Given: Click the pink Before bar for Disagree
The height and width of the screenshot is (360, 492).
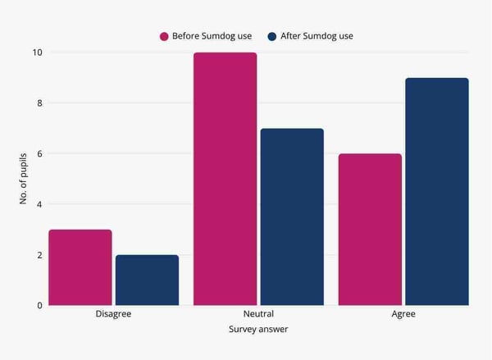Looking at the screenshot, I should click(x=80, y=267).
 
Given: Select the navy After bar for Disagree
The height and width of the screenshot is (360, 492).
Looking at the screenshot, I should click(x=147, y=280).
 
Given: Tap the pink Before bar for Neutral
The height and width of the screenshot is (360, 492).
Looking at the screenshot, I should click(x=225, y=179).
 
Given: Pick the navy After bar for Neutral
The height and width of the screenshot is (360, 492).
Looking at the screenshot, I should click(x=292, y=216).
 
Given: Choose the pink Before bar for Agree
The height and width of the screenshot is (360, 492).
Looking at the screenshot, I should click(x=370, y=230).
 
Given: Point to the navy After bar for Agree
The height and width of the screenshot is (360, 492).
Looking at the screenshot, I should click(x=437, y=191).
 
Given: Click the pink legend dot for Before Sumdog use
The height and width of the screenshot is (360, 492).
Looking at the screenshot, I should click(x=164, y=36).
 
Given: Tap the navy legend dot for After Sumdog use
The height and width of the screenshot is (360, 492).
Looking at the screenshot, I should click(x=271, y=36).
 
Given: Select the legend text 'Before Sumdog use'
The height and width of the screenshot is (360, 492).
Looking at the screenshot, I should click(x=212, y=36).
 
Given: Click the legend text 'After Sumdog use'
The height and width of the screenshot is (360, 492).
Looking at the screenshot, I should click(x=317, y=36).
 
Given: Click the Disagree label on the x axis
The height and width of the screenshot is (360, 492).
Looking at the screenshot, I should click(x=113, y=314).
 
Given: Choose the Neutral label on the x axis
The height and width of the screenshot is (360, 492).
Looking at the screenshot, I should click(x=258, y=314).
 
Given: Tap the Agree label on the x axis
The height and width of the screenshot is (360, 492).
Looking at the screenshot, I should click(x=403, y=314).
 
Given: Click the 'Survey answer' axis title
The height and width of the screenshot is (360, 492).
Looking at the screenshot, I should click(x=258, y=330).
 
